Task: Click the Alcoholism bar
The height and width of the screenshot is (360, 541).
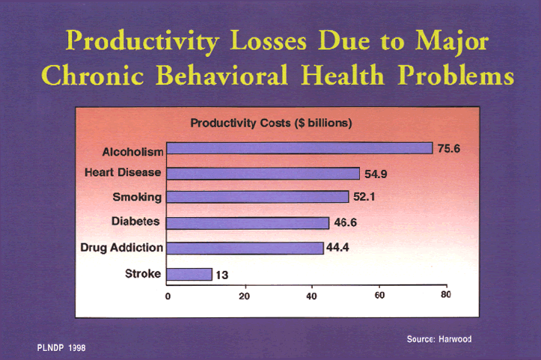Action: click(299, 148)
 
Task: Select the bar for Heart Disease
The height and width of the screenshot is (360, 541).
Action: click(263, 174)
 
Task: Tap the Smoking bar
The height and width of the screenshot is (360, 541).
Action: click(257, 197)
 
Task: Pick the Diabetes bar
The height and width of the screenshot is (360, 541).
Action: click(248, 223)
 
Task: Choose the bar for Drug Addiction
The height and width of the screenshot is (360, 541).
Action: click(245, 248)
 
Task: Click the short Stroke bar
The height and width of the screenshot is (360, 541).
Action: click(189, 275)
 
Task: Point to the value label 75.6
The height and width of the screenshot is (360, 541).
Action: click(449, 148)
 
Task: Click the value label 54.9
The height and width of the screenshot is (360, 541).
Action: click(376, 174)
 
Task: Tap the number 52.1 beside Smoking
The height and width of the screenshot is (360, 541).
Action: click(364, 197)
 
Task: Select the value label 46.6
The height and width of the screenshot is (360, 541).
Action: click(346, 222)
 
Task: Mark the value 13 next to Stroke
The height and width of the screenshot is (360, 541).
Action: click(221, 275)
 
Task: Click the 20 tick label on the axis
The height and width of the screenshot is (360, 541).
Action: click(244, 296)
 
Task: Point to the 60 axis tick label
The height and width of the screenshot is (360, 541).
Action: click(379, 295)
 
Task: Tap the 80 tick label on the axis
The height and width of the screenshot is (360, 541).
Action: click(446, 294)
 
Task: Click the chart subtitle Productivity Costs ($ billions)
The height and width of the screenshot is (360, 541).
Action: click(271, 123)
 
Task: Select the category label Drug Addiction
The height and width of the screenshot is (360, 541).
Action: click(121, 248)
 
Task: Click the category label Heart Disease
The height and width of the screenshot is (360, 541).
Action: click(123, 172)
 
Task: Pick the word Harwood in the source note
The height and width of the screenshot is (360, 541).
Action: click(456, 339)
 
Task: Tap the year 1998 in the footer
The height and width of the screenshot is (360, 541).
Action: click(77, 348)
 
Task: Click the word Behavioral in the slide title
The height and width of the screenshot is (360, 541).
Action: click(221, 76)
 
